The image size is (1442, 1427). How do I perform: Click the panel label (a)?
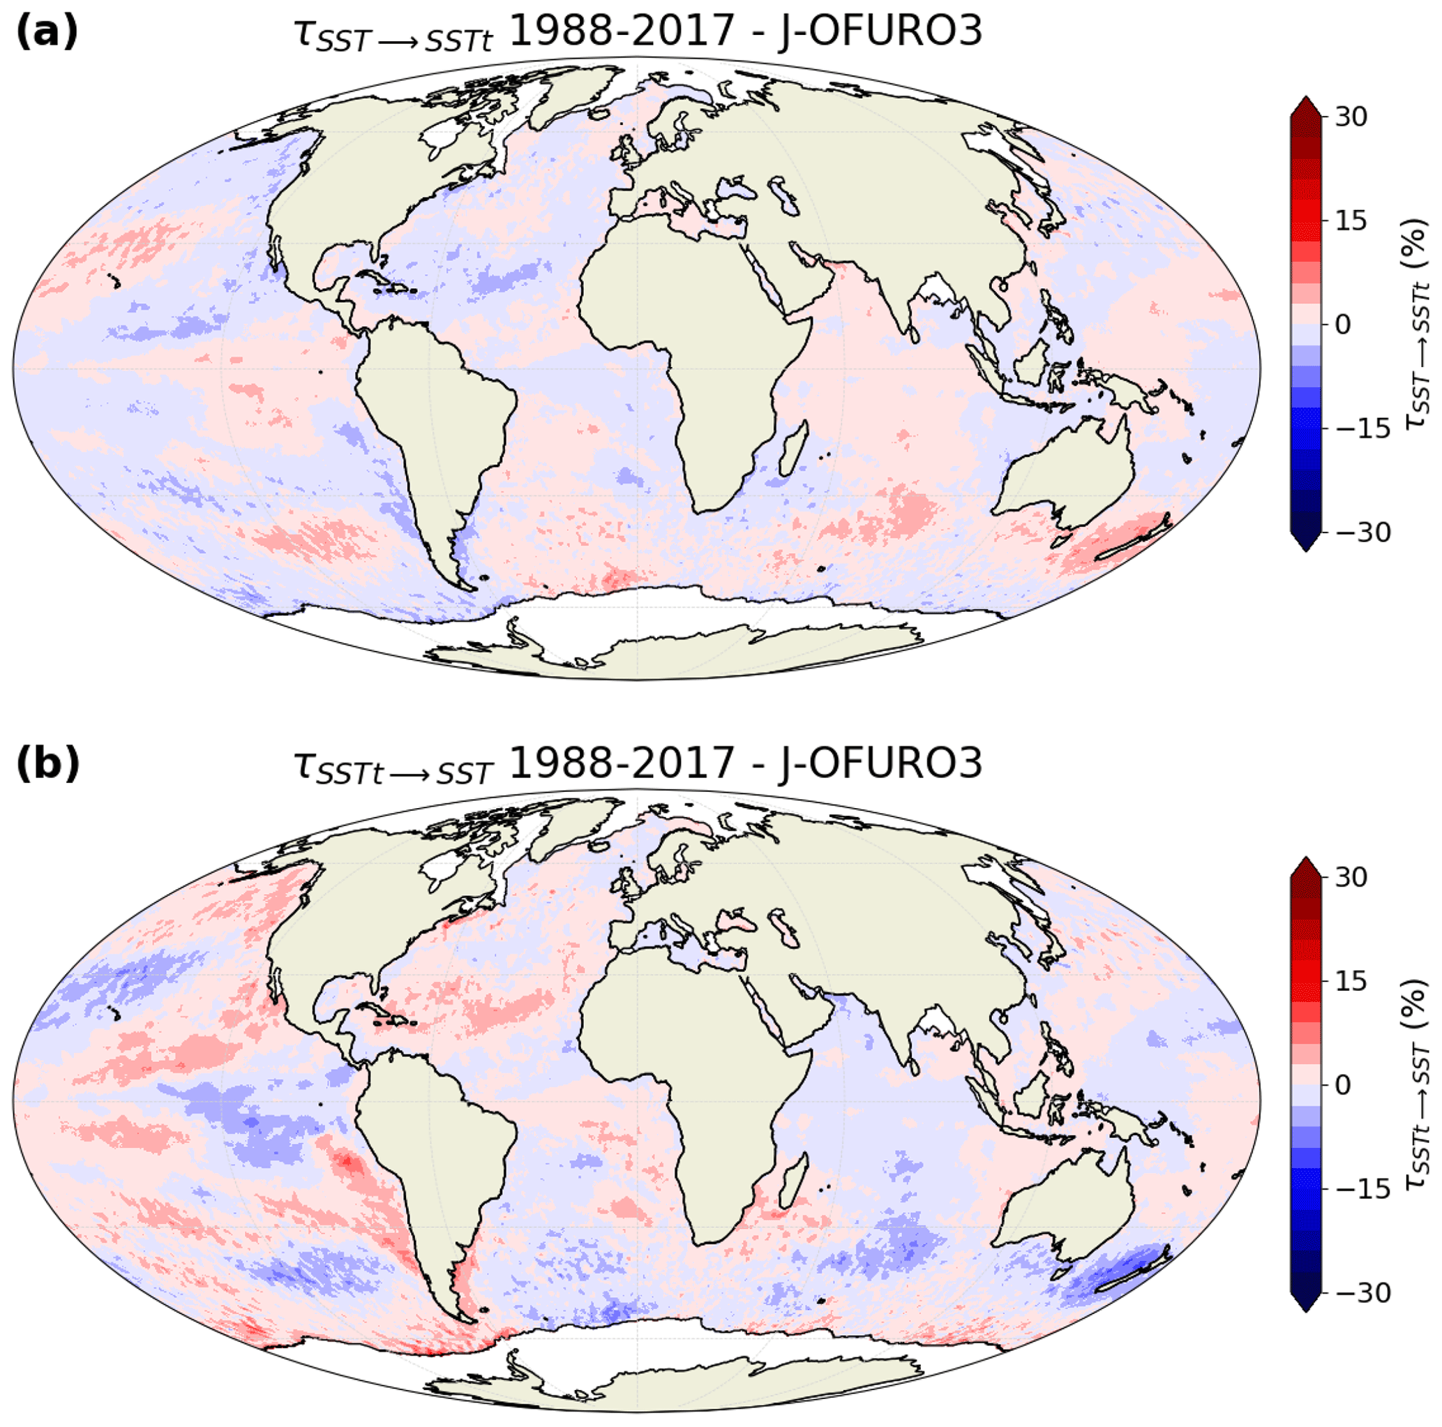click(x=46, y=32)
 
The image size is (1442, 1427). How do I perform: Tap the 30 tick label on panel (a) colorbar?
click(x=1351, y=117)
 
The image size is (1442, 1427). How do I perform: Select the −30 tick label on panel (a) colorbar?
click(x=1362, y=532)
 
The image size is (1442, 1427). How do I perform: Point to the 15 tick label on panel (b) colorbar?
click(x=1351, y=980)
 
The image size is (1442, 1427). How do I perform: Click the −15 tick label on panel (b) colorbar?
click(x=1362, y=1189)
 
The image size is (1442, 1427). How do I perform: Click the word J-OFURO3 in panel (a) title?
click(x=880, y=32)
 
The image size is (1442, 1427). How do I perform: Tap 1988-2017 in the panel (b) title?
click(x=622, y=763)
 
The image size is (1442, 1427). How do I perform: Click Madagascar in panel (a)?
click(x=793, y=448)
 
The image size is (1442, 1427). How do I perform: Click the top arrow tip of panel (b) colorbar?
click(x=1305, y=860)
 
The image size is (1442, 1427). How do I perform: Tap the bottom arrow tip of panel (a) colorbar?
click(x=1305, y=551)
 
